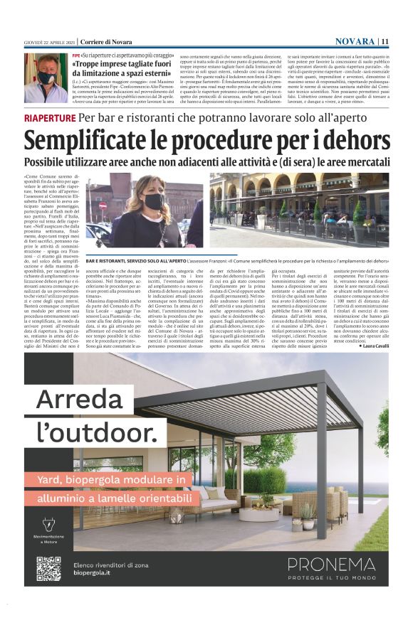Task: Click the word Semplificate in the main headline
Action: [x=104, y=138]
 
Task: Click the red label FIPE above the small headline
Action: [x=76, y=55]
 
